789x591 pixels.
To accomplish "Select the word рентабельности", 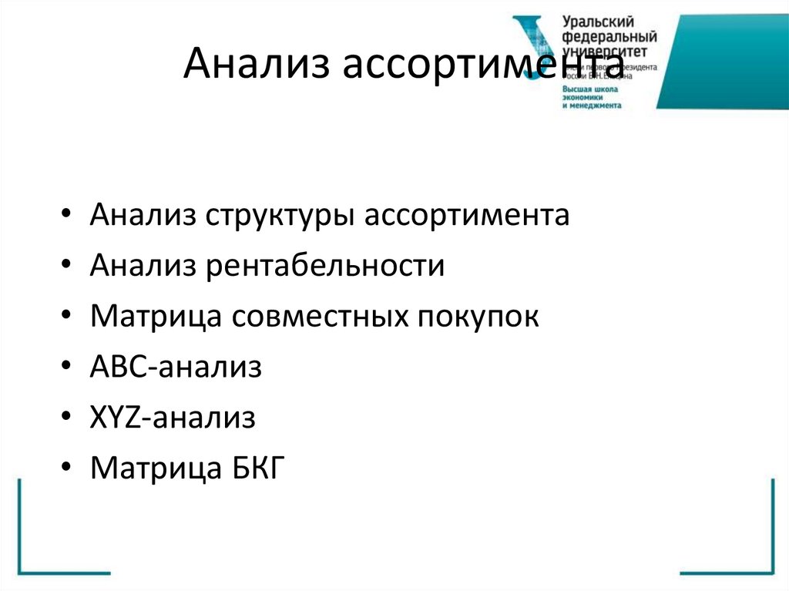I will click(x=324, y=266).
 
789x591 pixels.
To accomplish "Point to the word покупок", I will click(x=478, y=317).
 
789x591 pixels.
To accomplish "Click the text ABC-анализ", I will click(x=176, y=367).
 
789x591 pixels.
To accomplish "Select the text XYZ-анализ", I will click(x=172, y=418).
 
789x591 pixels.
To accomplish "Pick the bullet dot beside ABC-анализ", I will click(x=67, y=368).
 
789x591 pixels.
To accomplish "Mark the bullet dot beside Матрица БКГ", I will click(x=67, y=469).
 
